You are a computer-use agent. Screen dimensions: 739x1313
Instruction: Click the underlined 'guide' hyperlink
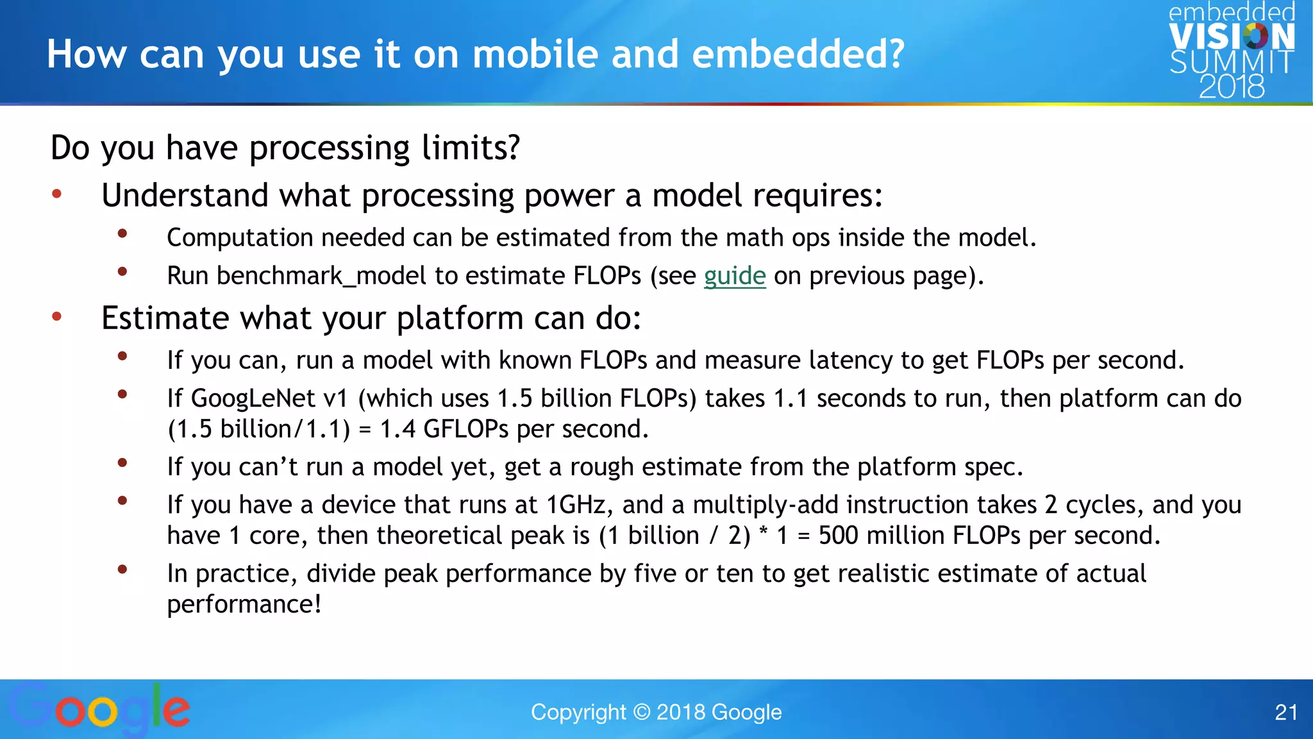(735, 276)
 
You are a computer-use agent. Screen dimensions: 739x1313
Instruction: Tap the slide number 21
(1285, 712)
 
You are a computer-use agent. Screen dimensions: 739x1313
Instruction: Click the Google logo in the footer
(99, 709)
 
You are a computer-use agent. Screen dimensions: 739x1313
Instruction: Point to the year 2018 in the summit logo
(1231, 87)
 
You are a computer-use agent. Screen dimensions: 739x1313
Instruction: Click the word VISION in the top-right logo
(1231, 37)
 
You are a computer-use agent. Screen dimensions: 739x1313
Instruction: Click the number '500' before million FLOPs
(838, 536)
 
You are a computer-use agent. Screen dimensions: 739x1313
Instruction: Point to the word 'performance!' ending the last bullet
(244, 604)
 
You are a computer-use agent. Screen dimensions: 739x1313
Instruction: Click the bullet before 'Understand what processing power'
(57, 194)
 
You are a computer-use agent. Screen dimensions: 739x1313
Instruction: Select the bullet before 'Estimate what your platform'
(57, 316)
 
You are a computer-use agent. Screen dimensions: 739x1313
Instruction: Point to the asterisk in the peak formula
(764, 532)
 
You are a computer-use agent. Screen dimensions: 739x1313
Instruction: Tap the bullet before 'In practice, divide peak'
(122, 569)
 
